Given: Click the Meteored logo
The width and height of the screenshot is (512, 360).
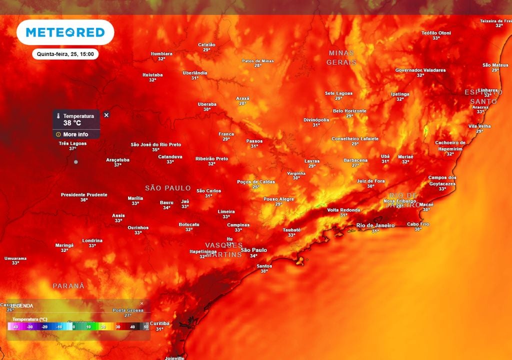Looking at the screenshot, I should click(65, 32).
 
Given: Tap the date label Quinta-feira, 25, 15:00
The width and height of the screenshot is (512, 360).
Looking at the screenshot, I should click(65, 54).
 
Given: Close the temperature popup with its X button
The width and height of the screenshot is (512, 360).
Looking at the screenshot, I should click(106, 115).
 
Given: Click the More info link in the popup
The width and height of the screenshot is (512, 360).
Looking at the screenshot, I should click(75, 134).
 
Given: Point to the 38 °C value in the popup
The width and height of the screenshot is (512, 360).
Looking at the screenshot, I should click(72, 123).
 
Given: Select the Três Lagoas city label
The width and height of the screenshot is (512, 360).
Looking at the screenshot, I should click(72, 143).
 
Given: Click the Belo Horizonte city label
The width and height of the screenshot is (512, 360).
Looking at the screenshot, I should click(349, 111).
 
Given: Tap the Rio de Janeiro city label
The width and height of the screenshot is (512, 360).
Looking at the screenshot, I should click(375, 225).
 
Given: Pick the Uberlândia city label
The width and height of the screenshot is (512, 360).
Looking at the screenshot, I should click(195, 73).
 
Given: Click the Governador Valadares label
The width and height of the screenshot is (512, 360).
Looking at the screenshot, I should click(420, 70).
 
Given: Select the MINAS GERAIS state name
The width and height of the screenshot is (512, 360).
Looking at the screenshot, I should click(341, 57).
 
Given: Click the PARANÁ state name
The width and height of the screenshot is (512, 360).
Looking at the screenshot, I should click(68, 286).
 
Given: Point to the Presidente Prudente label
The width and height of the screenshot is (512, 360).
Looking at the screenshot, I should click(84, 194).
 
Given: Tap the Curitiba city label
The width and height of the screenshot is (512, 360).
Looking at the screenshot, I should click(159, 323).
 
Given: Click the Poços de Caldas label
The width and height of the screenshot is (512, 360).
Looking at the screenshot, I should click(256, 182).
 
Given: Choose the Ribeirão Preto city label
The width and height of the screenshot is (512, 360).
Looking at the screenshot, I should click(211, 158).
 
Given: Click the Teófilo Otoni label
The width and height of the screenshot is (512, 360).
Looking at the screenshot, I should click(436, 33).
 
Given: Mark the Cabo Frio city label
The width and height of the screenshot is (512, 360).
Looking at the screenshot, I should click(418, 224).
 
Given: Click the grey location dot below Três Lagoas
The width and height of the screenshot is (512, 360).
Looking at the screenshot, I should click(75, 162).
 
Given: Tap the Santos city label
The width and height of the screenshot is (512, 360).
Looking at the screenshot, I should click(264, 266).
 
